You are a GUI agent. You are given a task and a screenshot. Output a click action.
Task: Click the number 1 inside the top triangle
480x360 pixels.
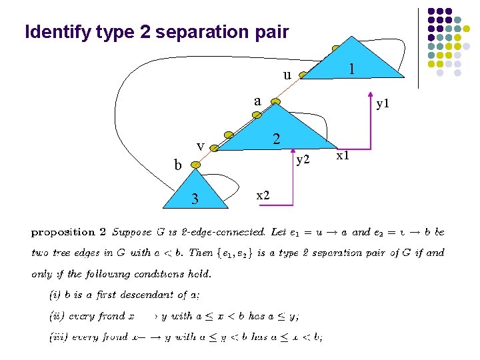(352, 69)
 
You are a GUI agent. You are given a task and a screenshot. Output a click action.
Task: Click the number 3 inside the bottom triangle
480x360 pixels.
(195, 198)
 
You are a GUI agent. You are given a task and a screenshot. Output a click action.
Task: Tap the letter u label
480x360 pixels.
(287, 75)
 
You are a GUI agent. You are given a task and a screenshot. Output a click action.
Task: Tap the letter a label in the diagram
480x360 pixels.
(257, 101)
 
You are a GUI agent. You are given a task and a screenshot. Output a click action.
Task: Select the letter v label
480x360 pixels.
(199, 146)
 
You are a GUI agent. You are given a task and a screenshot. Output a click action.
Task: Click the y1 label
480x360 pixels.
(383, 104)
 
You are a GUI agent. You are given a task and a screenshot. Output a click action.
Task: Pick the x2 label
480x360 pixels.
(263, 195)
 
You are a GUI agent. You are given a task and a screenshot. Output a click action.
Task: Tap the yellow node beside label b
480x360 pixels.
(195, 163)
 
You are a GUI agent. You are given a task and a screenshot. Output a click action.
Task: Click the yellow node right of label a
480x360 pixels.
(276, 102)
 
